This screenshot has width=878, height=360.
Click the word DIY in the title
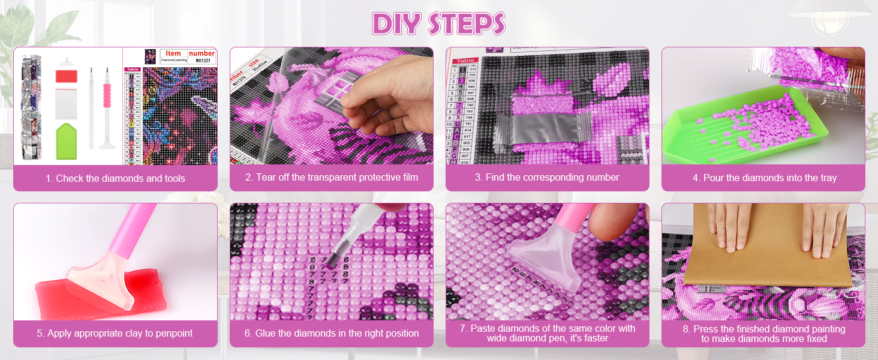396,23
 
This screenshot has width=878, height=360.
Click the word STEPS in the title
467,23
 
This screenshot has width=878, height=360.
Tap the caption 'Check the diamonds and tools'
115,178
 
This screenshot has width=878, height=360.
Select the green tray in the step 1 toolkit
67,142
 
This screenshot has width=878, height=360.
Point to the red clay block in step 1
66,77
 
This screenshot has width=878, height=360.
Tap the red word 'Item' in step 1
173,53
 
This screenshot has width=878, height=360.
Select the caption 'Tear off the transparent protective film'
331,178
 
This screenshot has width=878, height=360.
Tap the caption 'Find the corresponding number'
547,178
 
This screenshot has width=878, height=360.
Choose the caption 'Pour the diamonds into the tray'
763,178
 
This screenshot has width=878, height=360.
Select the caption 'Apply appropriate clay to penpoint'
115,334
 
